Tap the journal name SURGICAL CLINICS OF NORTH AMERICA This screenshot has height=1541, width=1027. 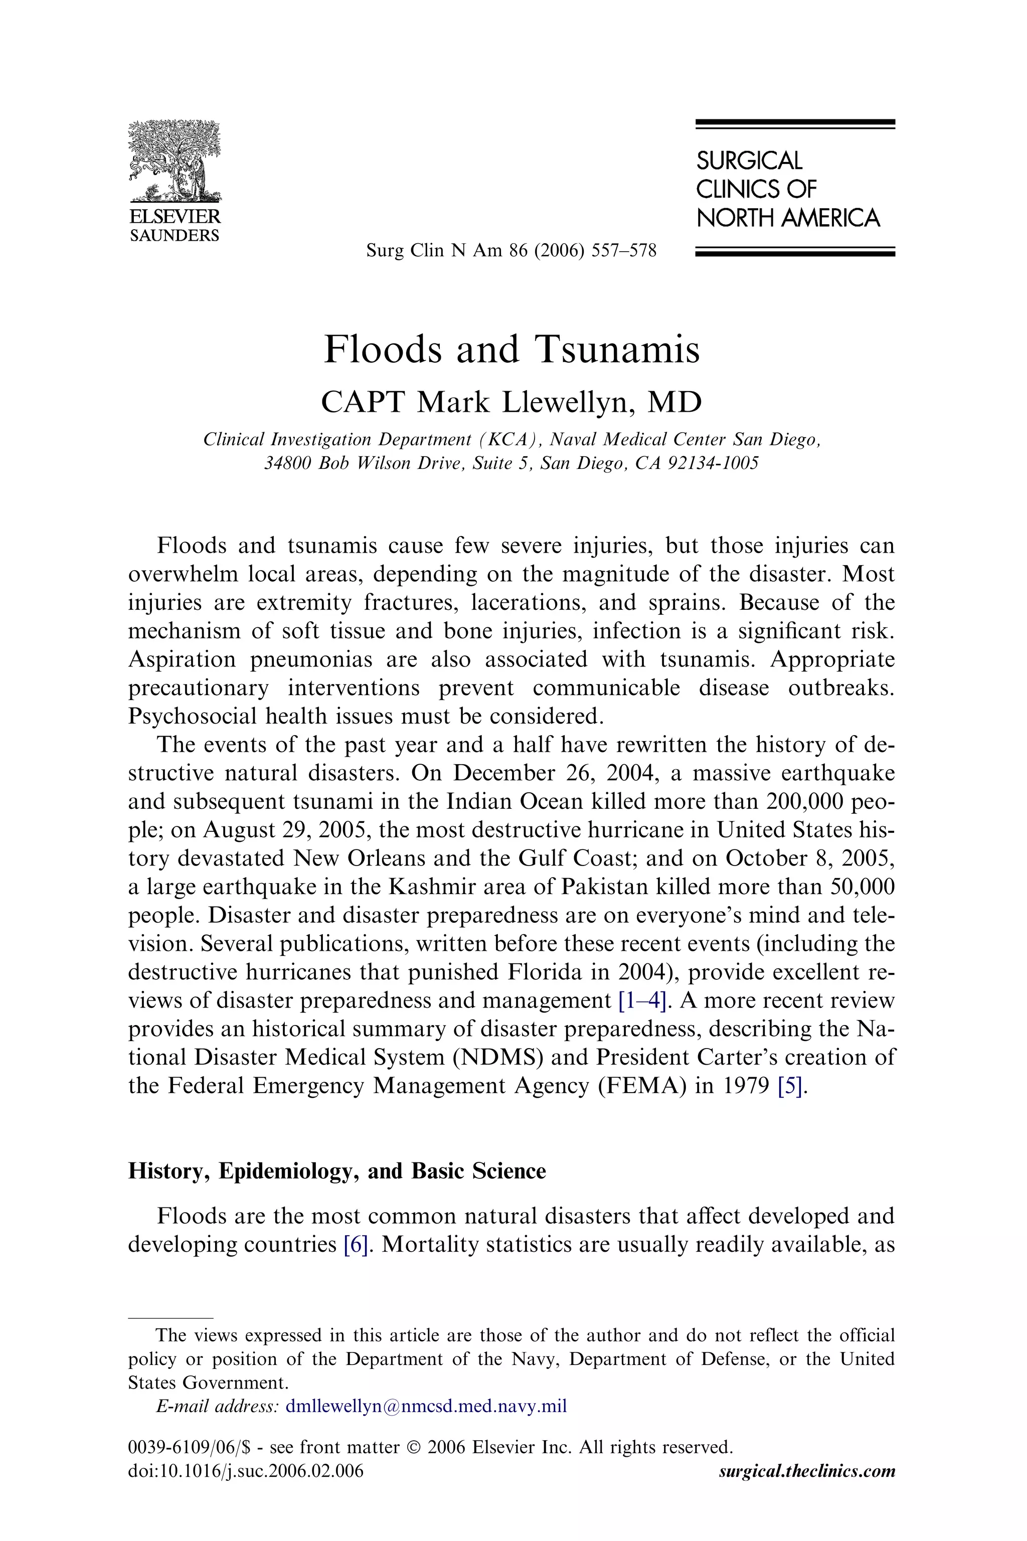788,189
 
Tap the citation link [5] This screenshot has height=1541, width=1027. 789,1086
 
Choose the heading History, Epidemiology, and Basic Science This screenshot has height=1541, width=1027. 336,1171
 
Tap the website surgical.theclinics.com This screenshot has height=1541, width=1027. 806,1471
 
